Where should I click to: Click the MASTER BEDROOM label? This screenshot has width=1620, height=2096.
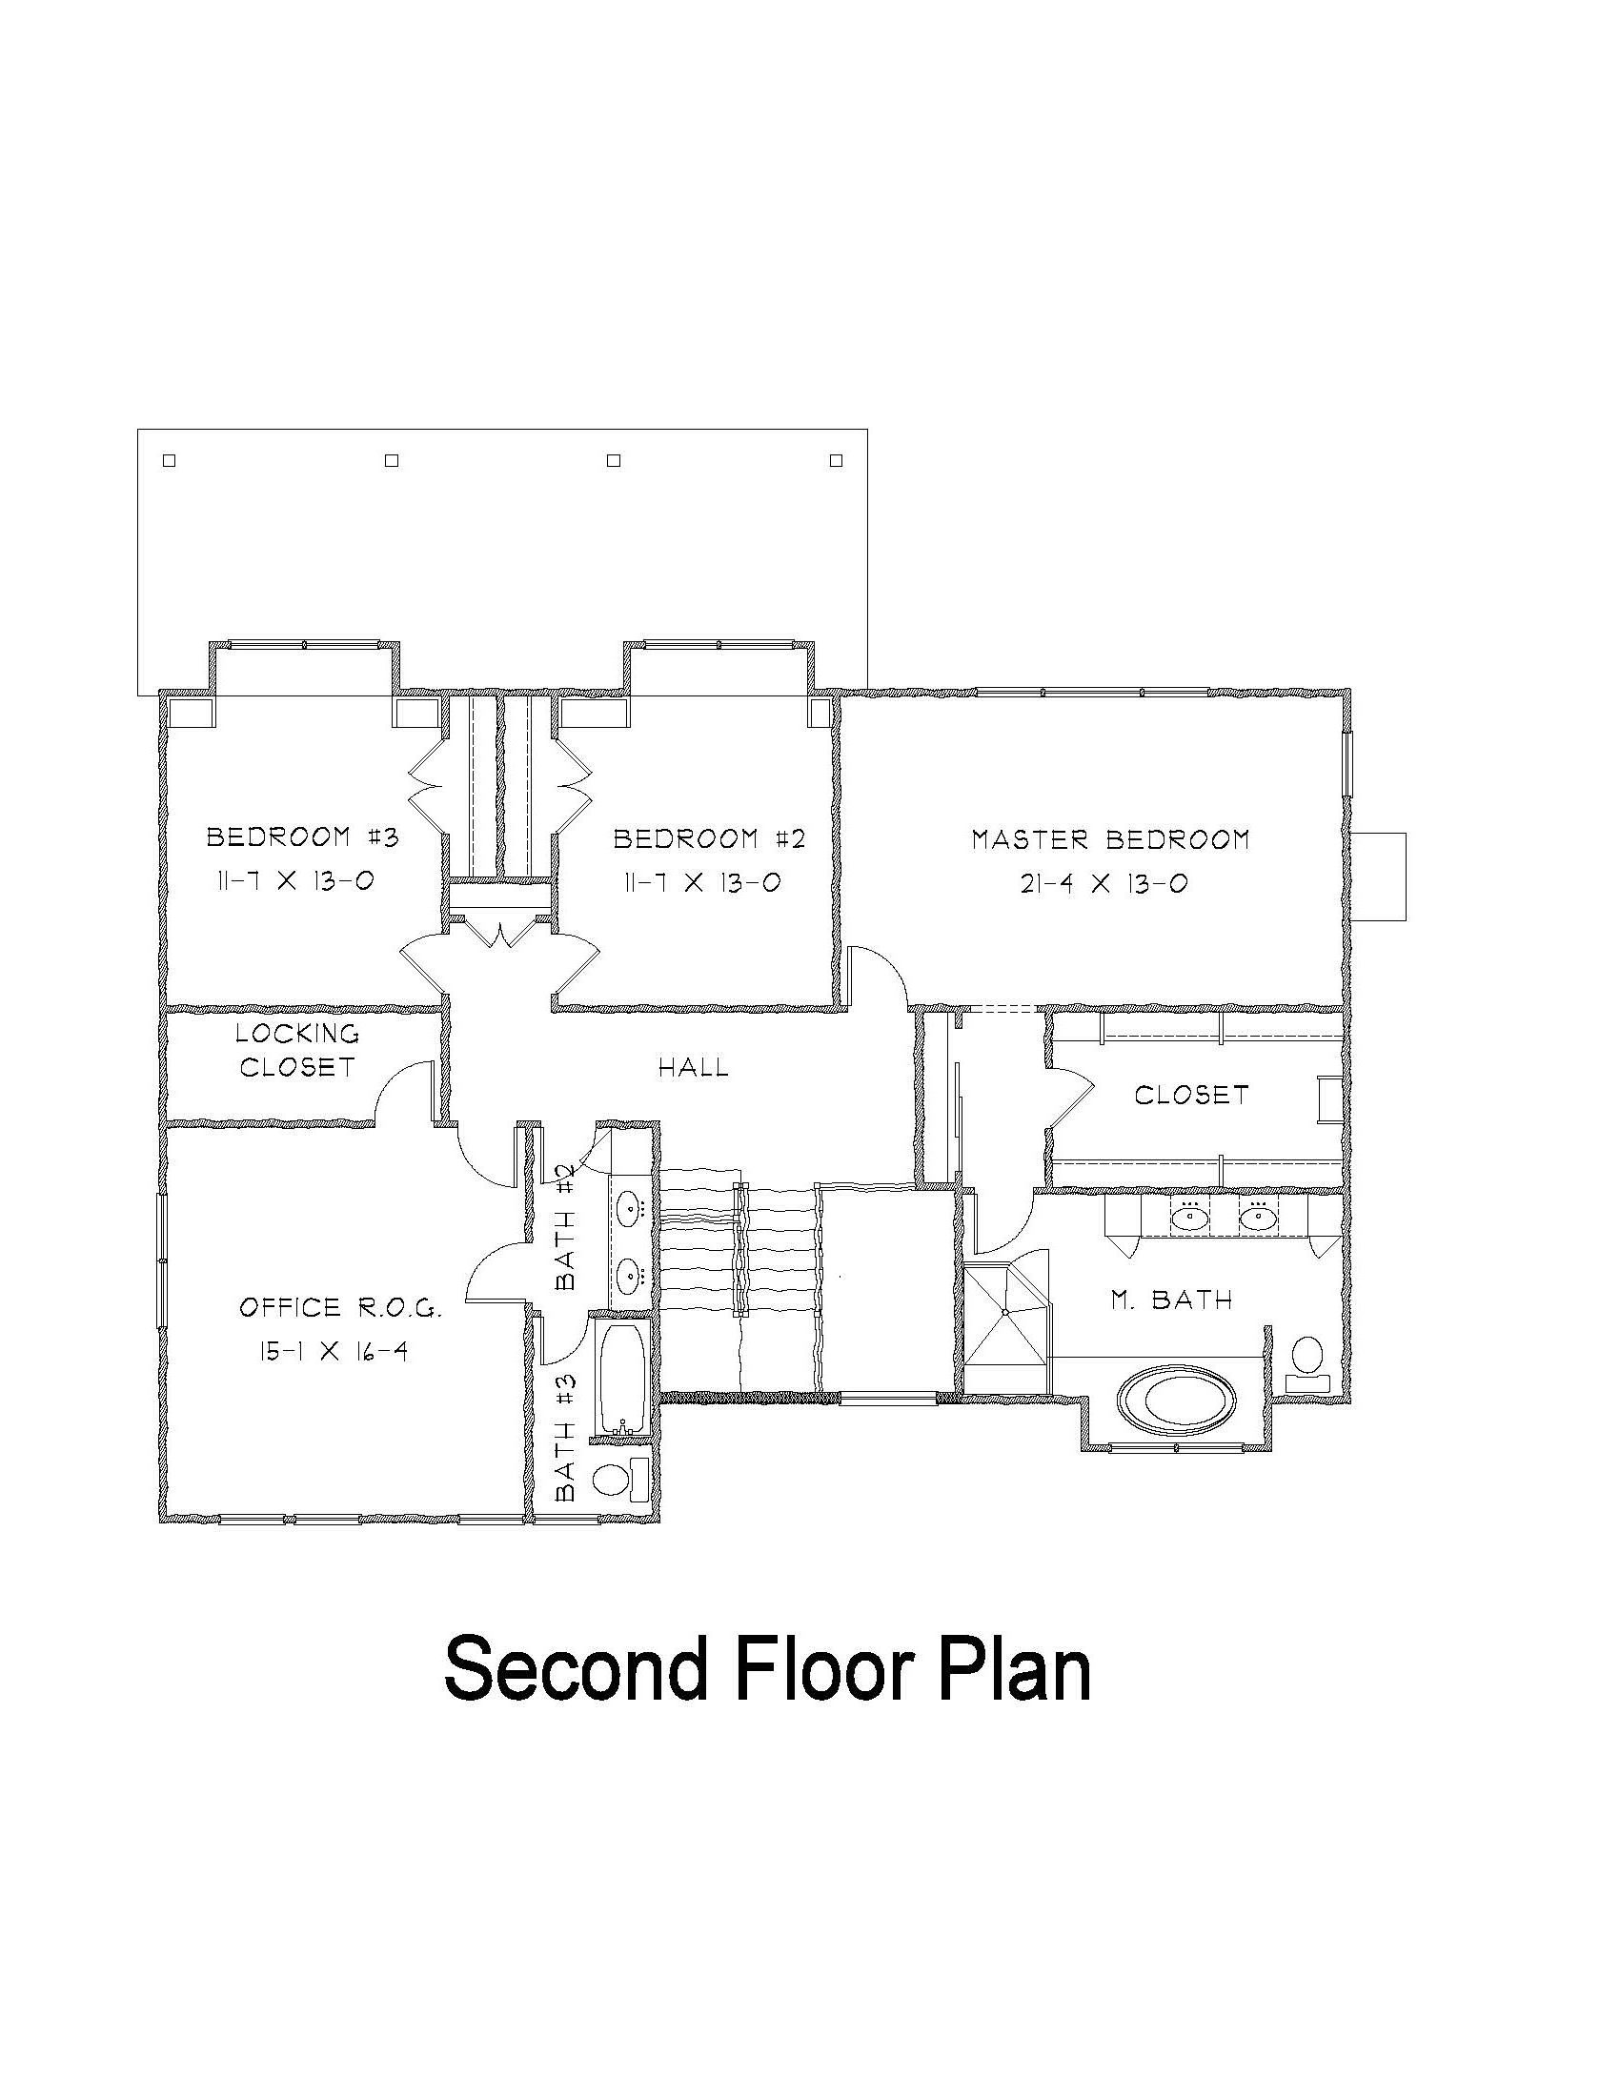click(x=1110, y=839)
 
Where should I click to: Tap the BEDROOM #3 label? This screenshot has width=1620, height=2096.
click(x=302, y=836)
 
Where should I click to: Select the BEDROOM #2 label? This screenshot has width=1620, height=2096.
click(x=709, y=838)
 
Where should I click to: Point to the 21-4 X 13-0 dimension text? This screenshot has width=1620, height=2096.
click(x=1104, y=883)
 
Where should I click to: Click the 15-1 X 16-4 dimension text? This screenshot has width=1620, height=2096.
click(x=333, y=1351)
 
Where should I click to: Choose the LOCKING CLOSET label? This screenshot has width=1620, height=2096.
click(x=297, y=1050)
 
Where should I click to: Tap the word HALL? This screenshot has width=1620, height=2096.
click(x=693, y=1067)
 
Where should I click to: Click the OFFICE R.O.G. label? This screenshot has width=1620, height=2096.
click(x=341, y=1307)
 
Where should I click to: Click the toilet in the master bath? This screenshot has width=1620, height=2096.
click(x=1306, y=1364)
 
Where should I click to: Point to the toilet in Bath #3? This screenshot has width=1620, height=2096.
click(x=622, y=1479)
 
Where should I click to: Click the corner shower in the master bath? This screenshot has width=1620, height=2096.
click(x=1006, y=1314)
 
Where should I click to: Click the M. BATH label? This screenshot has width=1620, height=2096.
click(x=1172, y=1300)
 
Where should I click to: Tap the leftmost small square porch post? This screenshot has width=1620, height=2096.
click(x=169, y=461)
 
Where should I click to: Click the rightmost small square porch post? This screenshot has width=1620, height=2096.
click(x=837, y=461)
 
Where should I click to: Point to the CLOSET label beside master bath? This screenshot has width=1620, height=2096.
click(x=1192, y=1095)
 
